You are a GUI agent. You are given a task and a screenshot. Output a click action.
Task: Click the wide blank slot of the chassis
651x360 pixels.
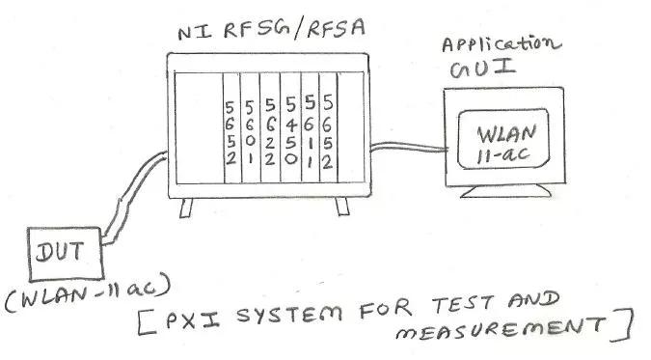coord(197,130)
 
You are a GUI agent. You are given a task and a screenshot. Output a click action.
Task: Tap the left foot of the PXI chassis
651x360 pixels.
coord(186,206)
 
